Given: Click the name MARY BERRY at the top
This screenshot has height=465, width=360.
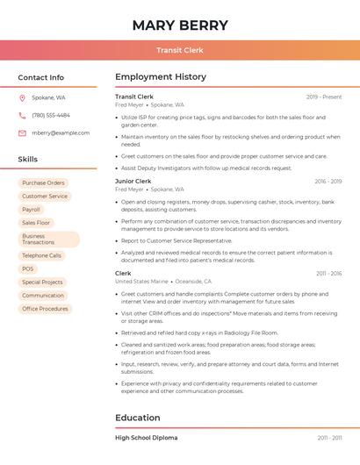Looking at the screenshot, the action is pyautogui.click(x=180, y=25).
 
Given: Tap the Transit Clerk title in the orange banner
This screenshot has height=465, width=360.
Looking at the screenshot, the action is pyautogui.click(x=180, y=50).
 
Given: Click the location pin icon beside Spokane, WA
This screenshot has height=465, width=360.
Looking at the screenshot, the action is pyautogui.click(x=22, y=97).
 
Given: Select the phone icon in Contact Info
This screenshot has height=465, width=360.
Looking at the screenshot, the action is pyautogui.click(x=22, y=115).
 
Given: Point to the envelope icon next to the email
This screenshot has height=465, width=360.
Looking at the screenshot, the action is pyautogui.click(x=22, y=132).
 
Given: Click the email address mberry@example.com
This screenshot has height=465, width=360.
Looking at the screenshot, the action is pyautogui.click(x=61, y=132).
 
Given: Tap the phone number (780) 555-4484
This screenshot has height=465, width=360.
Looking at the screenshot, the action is pyautogui.click(x=51, y=115).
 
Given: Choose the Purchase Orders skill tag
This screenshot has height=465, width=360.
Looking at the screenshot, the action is pyautogui.click(x=43, y=182).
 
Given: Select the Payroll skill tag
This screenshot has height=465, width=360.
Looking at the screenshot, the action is pyautogui.click(x=32, y=210).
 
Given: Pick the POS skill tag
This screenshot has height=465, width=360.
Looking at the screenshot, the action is pyautogui.click(x=28, y=268).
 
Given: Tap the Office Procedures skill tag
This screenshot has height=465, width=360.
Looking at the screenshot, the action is pyautogui.click(x=45, y=309).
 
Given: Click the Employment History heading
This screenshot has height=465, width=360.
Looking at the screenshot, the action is pyautogui.click(x=160, y=77).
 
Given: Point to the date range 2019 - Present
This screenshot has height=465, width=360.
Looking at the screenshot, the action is pyautogui.click(x=324, y=97).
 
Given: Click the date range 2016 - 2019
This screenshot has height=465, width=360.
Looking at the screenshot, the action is pyautogui.click(x=328, y=181).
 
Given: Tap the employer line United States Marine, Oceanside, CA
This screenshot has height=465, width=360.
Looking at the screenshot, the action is pyautogui.click(x=157, y=281).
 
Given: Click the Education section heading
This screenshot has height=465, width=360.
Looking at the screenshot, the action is pyautogui.click(x=138, y=418).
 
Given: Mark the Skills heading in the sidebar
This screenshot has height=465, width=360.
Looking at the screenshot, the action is pyautogui.click(x=28, y=159).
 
